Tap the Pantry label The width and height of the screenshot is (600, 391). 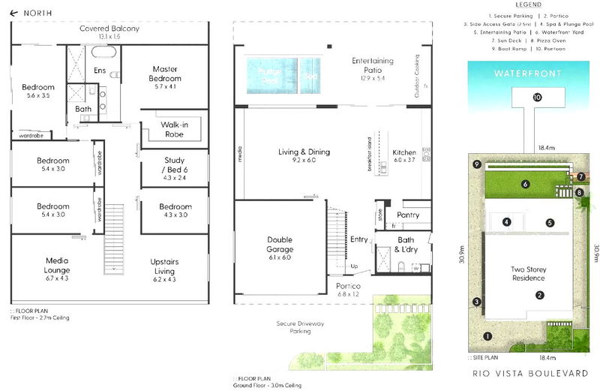pyautogui.click(x=408, y=215)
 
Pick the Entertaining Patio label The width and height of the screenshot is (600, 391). pyautogui.click(x=372, y=65)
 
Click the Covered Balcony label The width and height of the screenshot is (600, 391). pyautogui.click(x=109, y=29)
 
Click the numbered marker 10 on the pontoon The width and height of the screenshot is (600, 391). pyautogui.click(x=537, y=98)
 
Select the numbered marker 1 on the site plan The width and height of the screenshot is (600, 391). pyautogui.click(x=487, y=336)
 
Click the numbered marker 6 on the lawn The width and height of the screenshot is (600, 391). pyautogui.click(x=526, y=184)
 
